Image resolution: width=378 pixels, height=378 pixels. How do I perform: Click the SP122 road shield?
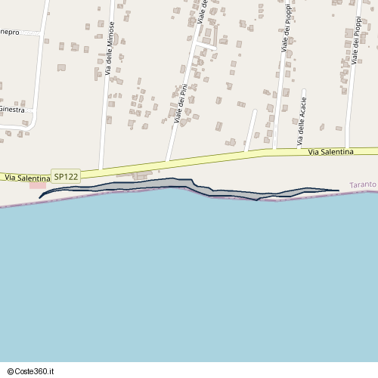pyautogui.click(x=66, y=176)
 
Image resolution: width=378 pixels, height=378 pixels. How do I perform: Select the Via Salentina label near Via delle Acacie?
pyautogui.click(x=330, y=152)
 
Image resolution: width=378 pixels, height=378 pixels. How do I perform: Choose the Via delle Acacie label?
pyautogui.click(x=302, y=121)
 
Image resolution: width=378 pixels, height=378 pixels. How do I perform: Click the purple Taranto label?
pyautogui.click(x=364, y=184)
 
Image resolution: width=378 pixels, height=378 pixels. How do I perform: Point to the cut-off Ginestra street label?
pyautogui.click(x=12, y=110)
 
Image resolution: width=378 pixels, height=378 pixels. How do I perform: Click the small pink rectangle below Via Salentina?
pyautogui.click(x=38, y=185)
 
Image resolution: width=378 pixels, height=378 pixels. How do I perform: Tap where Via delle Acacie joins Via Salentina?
pyautogui.click(x=296, y=150)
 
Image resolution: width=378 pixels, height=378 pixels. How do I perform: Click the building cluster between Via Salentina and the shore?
pyautogui.click(x=141, y=175)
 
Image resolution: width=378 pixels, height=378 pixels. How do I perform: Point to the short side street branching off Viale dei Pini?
pyautogui.click(x=206, y=47)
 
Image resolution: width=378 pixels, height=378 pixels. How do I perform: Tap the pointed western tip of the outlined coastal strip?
pyautogui.click(x=39, y=197)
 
